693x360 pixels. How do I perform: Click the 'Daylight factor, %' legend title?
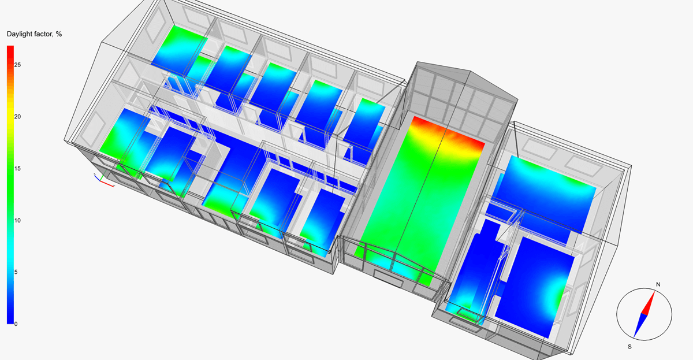[34, 34]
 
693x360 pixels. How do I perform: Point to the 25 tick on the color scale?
[17, 65]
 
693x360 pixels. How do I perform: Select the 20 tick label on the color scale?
[17, 117]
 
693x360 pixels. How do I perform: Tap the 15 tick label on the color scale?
[17, 169]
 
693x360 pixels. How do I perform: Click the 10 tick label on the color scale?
[17, 220]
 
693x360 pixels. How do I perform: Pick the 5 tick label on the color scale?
[16, 272]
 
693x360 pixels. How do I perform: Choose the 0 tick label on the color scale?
[16, 324]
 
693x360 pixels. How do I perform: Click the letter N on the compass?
[658, 284]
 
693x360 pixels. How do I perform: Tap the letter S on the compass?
[629, 347]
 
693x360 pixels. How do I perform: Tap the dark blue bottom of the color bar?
[10, 318]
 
